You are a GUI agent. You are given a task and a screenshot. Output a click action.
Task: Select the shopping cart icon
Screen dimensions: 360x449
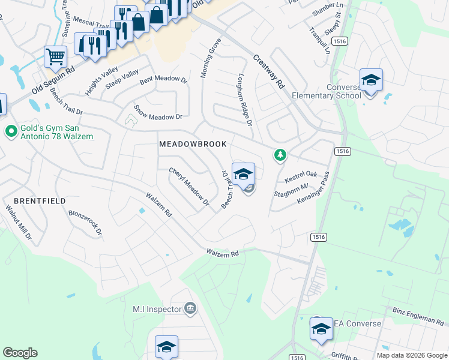55,57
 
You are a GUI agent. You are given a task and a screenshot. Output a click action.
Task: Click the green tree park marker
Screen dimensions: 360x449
280,155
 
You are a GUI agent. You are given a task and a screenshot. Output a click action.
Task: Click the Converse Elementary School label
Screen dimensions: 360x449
327,91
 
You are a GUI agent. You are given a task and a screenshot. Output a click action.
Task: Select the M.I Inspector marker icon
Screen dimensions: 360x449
190,309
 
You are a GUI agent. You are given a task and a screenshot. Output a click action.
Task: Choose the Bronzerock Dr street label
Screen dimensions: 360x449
85,222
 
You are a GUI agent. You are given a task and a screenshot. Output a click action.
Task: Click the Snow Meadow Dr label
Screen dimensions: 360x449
158,112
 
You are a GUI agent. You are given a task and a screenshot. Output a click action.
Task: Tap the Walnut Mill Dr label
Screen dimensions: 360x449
18,223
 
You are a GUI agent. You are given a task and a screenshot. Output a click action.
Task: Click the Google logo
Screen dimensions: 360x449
20,353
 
